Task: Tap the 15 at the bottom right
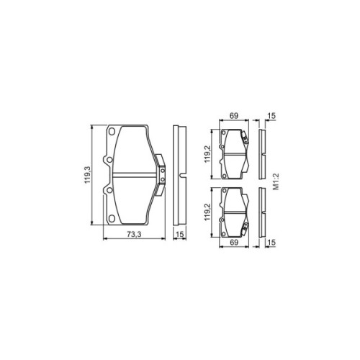[272, 243]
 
